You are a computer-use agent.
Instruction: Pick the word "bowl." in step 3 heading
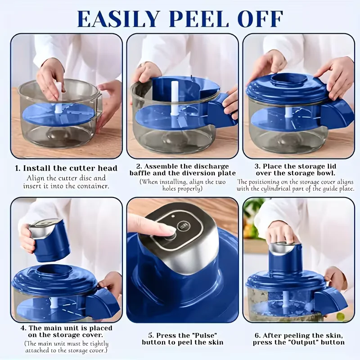[325, 173]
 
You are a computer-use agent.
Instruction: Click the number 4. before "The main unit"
[24, 328]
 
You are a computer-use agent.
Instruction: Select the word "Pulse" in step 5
[206, 335]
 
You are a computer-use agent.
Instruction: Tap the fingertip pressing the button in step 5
[171, 229]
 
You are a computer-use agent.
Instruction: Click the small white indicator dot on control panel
[173, 216]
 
